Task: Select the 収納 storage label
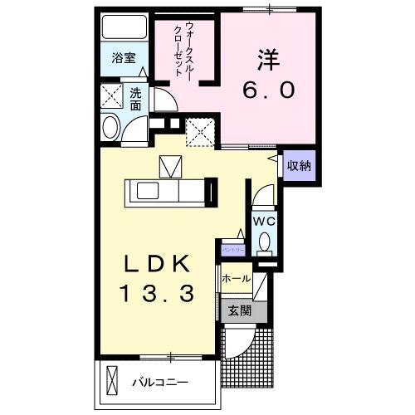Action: click(299, 165)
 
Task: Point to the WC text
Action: click(264, 222)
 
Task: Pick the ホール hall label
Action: click(236, 280)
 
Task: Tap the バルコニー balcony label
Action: click(159, 383)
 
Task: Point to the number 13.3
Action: click(159, 293)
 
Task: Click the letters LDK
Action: click(159, 263)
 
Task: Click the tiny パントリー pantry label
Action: click(232, 248)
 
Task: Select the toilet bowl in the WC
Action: click(265, 242)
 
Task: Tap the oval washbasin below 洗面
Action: click(110, 128)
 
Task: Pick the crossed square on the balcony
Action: click(114, 382)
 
